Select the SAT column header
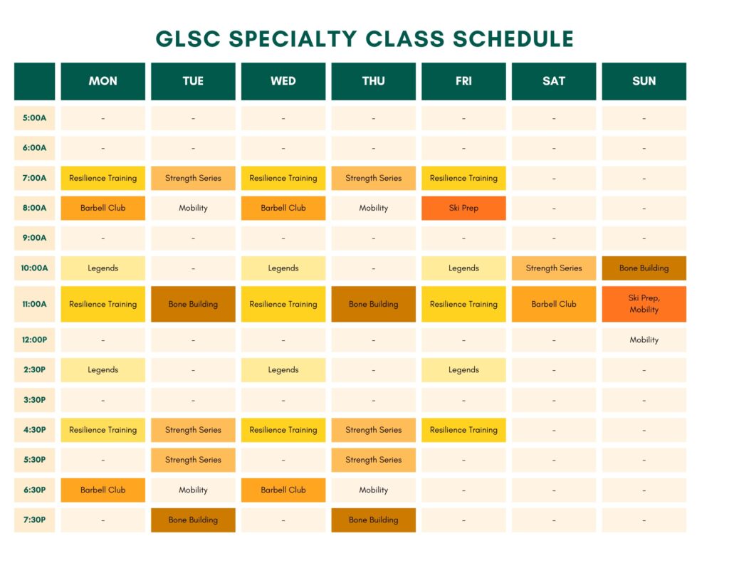(554, 81)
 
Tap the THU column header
(373, 81)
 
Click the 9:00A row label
(34, 238)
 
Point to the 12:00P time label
(34, 340)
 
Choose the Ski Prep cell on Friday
(463, 208)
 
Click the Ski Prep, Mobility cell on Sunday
(644, 304)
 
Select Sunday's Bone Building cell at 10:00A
(644, 268)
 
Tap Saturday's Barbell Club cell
(554, 304)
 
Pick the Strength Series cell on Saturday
(554, 268)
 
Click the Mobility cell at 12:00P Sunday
(644, 340)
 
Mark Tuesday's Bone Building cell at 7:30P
(193, 520)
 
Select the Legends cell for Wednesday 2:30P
(283, 370)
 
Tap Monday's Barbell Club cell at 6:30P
(103, 490)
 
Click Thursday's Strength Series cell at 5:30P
(373, 460)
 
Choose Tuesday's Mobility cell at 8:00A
(193, 208)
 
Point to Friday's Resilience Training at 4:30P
(463, 430)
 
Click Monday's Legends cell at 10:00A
(103, 268)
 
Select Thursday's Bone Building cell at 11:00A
(373, 304)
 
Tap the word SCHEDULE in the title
(513, 39)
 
